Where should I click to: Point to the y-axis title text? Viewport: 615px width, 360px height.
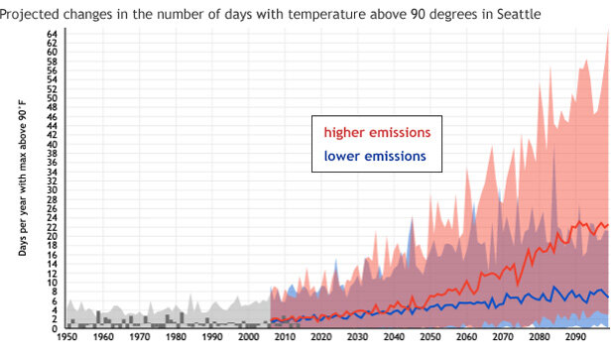[22, 183]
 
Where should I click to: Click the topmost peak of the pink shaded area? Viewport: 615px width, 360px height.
[607, 31]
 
